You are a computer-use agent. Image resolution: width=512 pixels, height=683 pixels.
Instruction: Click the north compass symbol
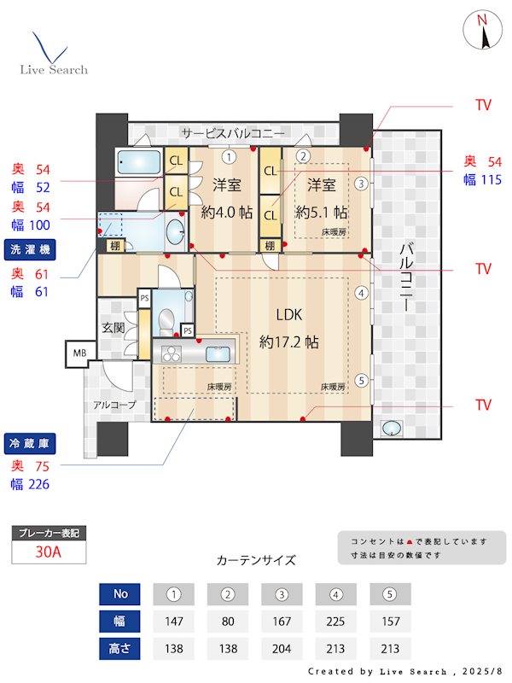[x=483, y=32]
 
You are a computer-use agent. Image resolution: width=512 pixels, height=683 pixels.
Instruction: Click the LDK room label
[x=289, y=313]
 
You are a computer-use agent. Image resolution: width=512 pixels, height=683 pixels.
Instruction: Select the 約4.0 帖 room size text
[x=227, y=213]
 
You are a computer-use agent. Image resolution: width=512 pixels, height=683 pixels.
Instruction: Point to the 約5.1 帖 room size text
[x=322, y=213]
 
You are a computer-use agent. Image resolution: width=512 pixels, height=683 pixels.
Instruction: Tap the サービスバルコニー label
[x=232, y=133]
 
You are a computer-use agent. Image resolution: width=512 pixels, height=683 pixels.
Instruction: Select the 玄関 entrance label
[x=113, y=327]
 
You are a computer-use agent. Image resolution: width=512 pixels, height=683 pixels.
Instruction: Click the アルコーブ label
[x=114, y=405]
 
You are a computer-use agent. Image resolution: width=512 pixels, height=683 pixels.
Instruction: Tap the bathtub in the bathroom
[x=137, y=162]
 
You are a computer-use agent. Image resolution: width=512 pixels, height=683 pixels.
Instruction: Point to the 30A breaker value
[x=49, y=552]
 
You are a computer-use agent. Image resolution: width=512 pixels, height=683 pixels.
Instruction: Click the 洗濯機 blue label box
[x=31, y=249]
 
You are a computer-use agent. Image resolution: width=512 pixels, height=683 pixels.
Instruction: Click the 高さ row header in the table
[x=119, y=647]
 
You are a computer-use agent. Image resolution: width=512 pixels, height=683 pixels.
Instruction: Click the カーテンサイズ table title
[x=256, y=560]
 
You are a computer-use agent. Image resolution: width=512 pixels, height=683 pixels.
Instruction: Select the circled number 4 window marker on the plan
[x=362, y=293]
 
